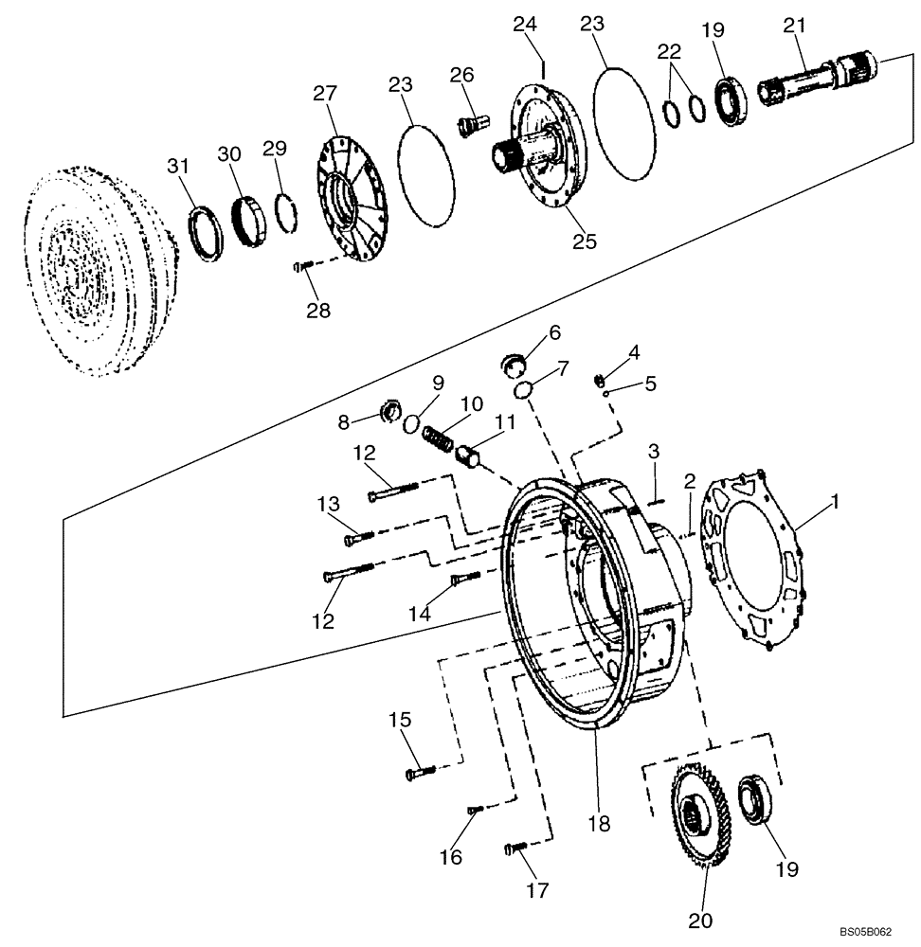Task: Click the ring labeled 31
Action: [x=207, y=232]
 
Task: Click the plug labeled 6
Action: [x=515, y=361]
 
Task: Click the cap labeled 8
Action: [x=388, y=411]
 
